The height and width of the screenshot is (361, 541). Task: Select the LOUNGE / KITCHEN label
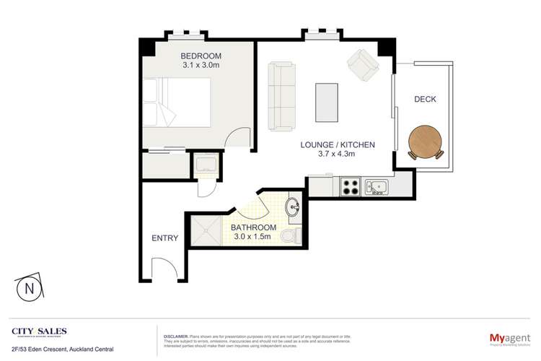click(x=338, y=144)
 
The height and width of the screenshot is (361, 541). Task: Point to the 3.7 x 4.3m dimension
click(x=338, y=155)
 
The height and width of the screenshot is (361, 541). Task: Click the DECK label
click(x=423, y=99)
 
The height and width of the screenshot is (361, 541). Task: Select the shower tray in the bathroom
click(x=208, y=231)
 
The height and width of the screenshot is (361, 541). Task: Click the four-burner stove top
click(x=351, y=188)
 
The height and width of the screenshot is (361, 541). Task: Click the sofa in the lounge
click(x=281, y=95)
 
